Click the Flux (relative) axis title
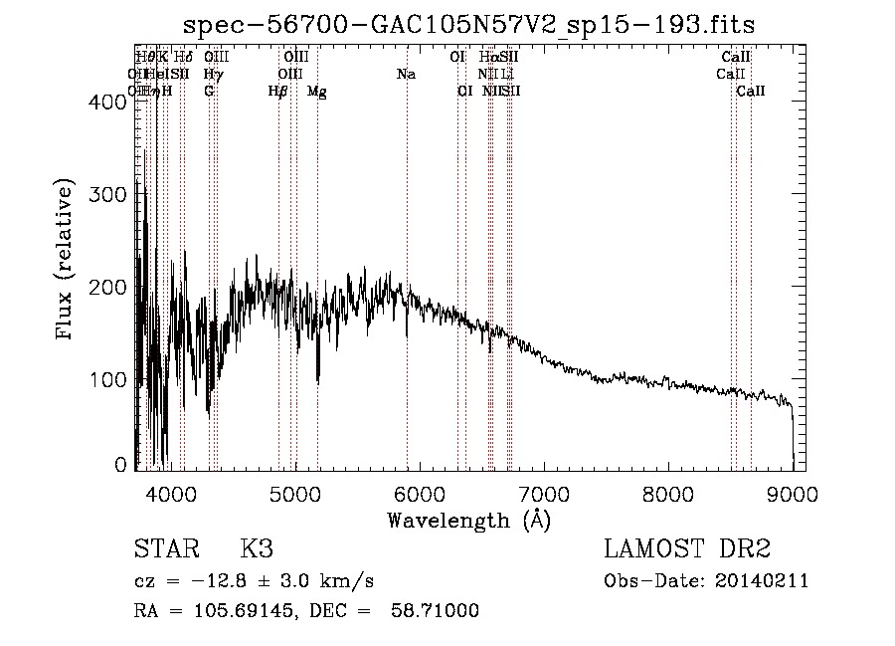tap(67, 262)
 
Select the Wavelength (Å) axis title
tap(468, 520)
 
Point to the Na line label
tap(406, 75)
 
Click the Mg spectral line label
tap(317, 92)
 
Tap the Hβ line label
tap(278, 92)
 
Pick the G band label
tap(209, 92)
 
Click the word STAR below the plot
tap(165, 549)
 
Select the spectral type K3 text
tap(257, 549)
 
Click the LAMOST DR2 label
tap(687, 549)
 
